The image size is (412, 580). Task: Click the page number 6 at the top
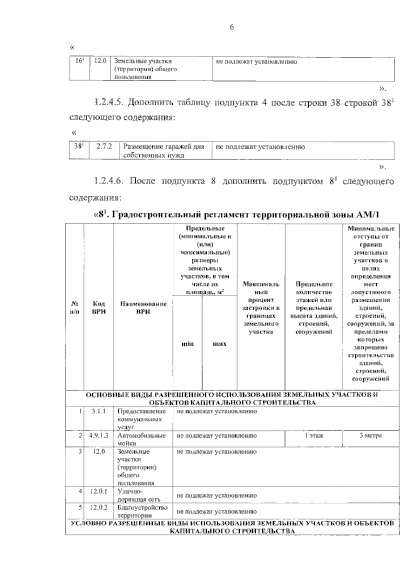pyautogui.click(x=231, y=28)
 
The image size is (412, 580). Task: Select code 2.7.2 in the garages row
pyautogui.click(x=104, y=147)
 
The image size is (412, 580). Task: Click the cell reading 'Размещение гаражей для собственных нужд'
pyautogui.click(x=164, y=151)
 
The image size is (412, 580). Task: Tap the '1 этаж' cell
pyautogui.click(x=313, y=436)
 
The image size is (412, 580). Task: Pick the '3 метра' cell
pyautogui.click(x=370, y=436)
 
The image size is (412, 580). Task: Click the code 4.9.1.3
pyautogui.click(x=99, y=436)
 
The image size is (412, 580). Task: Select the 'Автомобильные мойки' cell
pyautogui.click(x=142, y=439)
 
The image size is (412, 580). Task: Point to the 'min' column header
pyautogui.click(x=187, y=344)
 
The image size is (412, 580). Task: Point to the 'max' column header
pyautogui.click(x=219, y=344)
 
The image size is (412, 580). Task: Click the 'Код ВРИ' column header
pyautogui.click(x=99, y=308)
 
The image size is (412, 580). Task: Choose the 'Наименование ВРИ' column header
pyautogui.click(x=143, y=308)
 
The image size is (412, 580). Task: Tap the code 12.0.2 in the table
pyautogui.click(x=99, y=508)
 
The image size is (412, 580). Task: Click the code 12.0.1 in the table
pyautogui.click(x=99, y=491)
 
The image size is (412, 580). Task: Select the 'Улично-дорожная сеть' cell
pyautogui.click(x=139, y=495)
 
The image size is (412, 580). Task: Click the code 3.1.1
pyautogui.click(x=99, y=411)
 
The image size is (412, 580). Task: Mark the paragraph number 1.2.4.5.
pyautogui.click(x=109, y=103)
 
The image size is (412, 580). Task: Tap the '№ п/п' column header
pyautogui.click(x=75, y=308)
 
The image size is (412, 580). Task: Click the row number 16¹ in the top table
pyautogui.click(x=79, y=61)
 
